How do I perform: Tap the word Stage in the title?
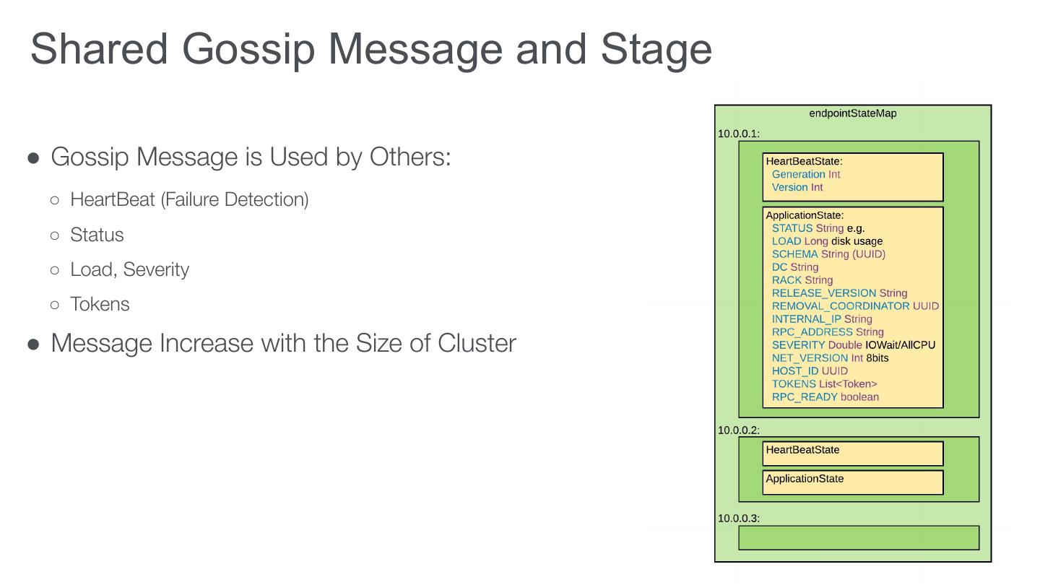point(656,48)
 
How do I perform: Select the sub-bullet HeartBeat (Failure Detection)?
point(189,199)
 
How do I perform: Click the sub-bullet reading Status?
point(97,235)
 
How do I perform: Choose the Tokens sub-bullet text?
point(100,304)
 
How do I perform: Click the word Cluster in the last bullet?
point(477,342)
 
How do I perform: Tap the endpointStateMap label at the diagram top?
point(853,113)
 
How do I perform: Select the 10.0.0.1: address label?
point(739,134)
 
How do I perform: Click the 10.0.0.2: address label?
point(739,430)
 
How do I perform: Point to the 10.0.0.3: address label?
point(739,519)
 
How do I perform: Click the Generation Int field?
point(806,174)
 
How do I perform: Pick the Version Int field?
point(797,187)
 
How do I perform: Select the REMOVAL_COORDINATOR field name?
point(841,306)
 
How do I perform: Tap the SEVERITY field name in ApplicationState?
point(798,345)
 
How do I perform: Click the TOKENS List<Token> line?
point(824,384)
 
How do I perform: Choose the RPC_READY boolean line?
point(825,397)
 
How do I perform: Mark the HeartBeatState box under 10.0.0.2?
point(853,454)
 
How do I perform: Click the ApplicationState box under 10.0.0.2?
point(853,482)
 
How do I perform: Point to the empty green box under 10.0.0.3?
point(859,538)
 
